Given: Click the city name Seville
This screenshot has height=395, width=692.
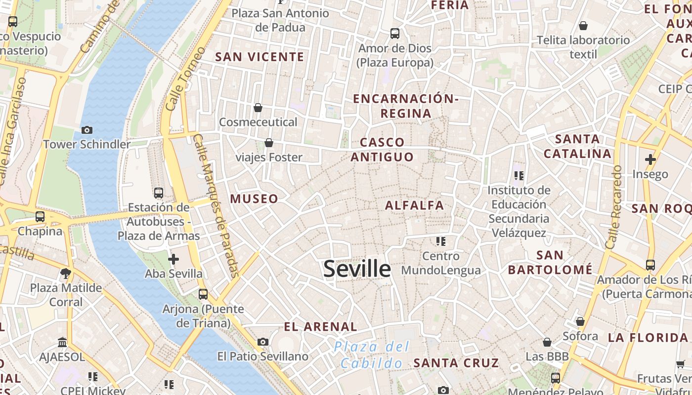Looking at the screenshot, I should [x=357, y=269].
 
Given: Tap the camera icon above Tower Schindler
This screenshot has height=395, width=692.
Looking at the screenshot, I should [x=87, y=130].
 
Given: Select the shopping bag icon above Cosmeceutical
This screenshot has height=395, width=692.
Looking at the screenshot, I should [x=258, y=108].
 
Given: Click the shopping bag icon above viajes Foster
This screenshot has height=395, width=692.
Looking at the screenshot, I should [x=269, y=143].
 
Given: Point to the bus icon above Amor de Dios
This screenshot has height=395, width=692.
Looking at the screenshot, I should [x=394, y=34].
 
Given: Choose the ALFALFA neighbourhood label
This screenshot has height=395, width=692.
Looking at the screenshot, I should [x=415, y=205].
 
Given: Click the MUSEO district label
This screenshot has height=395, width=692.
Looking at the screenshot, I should [x=254, y=198].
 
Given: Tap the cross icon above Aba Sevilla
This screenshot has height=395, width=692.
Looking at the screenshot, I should [x=173, y=259].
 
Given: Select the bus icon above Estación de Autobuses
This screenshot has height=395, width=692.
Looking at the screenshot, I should [x=158, y=193].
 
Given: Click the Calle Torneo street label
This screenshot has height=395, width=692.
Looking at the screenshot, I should [x=185, y=79].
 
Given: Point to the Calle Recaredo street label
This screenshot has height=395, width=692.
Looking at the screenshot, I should [x=613, y=207].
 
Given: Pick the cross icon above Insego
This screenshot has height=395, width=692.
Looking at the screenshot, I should [x=650, y=159].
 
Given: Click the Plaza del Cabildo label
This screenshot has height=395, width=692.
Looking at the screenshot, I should [x=372, y=355].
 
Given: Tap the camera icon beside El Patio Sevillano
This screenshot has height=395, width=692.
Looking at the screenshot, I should [x=263, y=342].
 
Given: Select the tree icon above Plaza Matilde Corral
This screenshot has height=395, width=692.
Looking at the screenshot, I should [x=65, y=273].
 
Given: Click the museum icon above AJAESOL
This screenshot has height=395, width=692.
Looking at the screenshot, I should [x=62, y=342].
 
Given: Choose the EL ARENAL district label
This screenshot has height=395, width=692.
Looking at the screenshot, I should [x=320, y=326].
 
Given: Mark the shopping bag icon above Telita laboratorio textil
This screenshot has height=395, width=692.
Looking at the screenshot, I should [x=583, y=26].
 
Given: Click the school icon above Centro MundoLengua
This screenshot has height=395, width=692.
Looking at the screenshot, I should [x=440, y=241].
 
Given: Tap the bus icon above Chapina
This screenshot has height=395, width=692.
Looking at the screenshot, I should [x=40, y=216].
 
